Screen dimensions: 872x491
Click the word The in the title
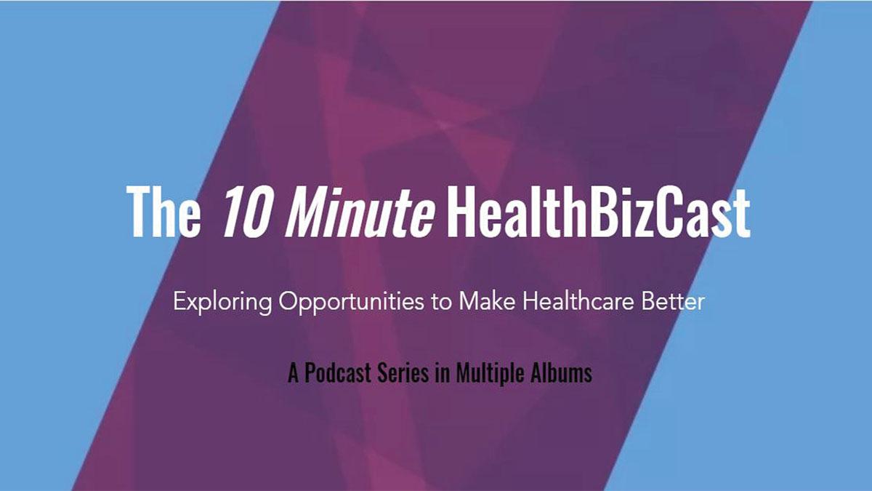(163, 211)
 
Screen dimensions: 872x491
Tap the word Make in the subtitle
(487, 301)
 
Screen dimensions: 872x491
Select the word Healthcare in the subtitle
(578, 301)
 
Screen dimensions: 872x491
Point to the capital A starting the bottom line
(293, 372)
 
